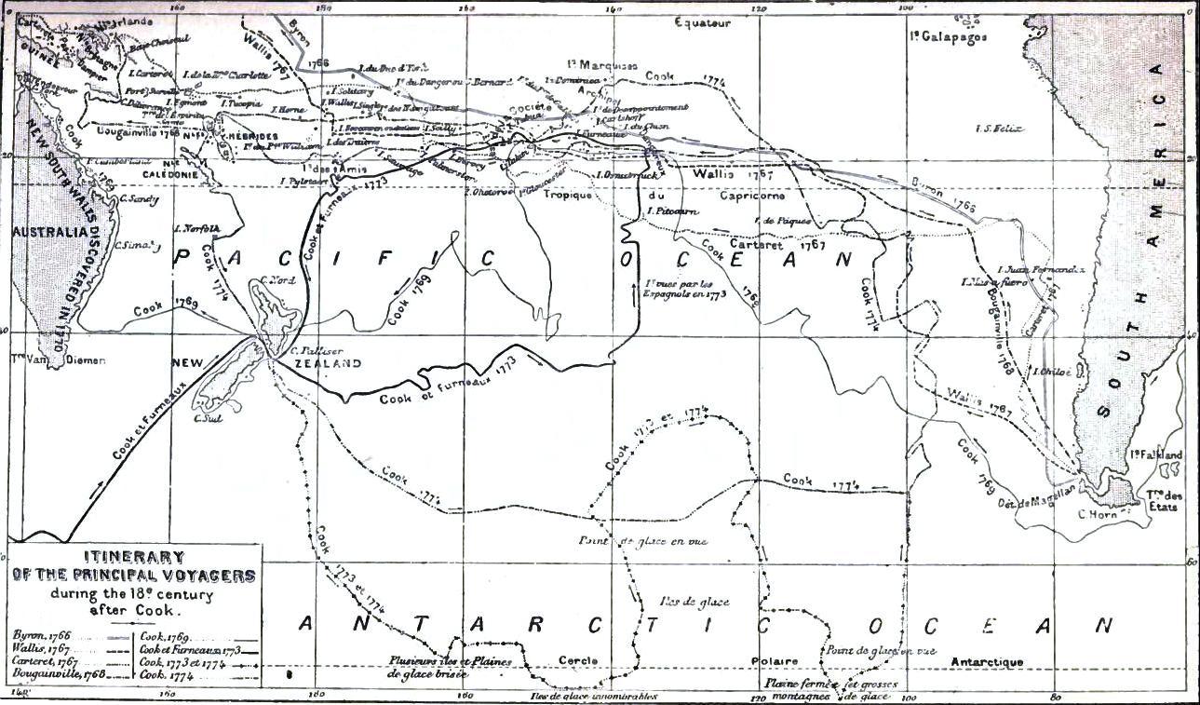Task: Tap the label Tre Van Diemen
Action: click(x=46, y=359)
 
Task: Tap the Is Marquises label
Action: click(x=602, y=66)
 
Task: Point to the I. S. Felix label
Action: click(x=993, y=129)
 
